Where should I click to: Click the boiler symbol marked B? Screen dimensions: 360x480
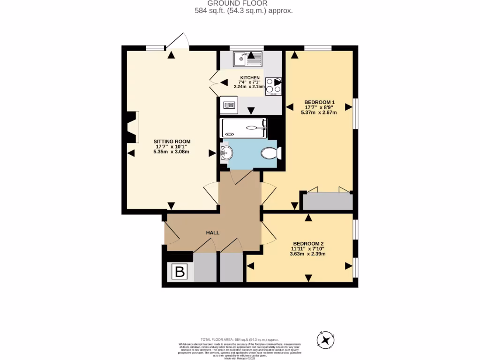tap(179, 272)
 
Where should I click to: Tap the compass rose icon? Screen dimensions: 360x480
tap(327, 340)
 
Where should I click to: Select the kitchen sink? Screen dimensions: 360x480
tap(248, 59)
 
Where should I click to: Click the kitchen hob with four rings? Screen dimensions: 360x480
tap(273, 86)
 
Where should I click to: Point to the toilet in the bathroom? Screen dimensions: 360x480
tap(270, 153)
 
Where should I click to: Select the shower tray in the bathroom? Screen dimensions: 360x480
tap(244, 127)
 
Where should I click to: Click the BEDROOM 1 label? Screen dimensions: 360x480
tap(319, 102)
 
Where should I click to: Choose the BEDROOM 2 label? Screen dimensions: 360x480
tap(308, 243)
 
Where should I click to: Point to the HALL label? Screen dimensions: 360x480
tap(213, 232)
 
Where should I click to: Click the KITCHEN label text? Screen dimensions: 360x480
tap(250, 77)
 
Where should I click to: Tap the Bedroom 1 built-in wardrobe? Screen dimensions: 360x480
tap(327, 201)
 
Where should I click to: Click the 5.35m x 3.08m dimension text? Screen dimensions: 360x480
tap(172, 152)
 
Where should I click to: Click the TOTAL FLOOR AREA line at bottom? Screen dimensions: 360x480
tap(240, 339)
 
